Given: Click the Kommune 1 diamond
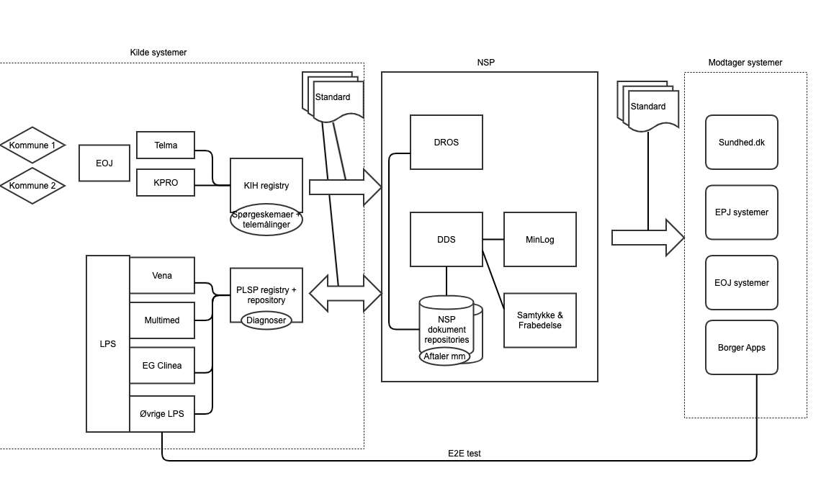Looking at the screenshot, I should click(32, 145).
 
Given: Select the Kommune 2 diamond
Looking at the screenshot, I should click(32, 186).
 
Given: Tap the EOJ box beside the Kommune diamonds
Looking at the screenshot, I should click(104, 163).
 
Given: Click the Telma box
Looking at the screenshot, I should click(166, 145).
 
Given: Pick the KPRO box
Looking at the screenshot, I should click(166, 182).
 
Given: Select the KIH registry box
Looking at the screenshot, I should click(266, 180).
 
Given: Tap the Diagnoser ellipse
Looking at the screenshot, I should click(266, 320).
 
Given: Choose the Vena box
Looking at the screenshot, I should click(162, 276).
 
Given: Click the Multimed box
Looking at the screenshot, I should click(162, 320).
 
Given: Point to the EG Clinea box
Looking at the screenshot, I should click(162, 366).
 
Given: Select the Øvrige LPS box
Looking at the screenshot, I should click(162, 413).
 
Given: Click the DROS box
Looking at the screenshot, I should click(447, 142).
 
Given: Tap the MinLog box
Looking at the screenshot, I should click(540, 239).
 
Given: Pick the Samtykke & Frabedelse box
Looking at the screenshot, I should click(540, 320).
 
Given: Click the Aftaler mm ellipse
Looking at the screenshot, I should click(444, 356).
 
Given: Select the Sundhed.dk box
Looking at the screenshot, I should click(742, 142).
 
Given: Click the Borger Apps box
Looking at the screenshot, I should click(742, 347).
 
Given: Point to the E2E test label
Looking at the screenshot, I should click(465, 453).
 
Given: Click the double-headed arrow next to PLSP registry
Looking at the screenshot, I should click(346, 294).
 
